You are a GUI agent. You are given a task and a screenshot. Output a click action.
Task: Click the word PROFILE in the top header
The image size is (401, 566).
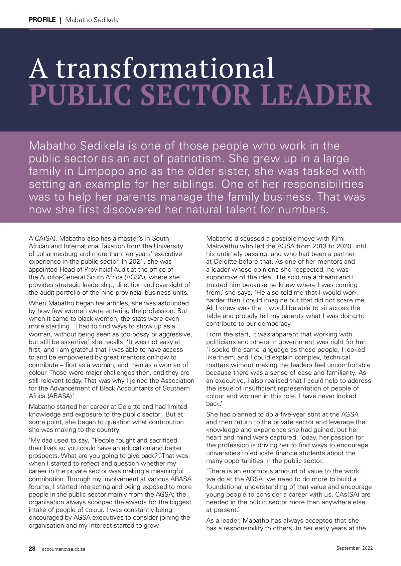[42, 20]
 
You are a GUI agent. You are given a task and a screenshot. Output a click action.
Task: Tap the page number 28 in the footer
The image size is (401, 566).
[32, 549]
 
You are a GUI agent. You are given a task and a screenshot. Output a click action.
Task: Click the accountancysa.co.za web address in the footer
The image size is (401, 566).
[63, 549]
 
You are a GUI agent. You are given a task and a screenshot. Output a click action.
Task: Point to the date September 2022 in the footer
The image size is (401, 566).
[354, 548]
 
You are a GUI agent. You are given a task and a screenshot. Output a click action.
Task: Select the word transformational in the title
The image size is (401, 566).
[165, 68]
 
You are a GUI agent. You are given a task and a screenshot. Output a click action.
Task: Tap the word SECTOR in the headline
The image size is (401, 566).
[195, 95]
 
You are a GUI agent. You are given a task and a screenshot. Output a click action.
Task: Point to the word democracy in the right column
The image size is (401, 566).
[269, 324]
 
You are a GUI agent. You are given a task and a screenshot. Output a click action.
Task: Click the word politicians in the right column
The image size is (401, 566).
[222, 342]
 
